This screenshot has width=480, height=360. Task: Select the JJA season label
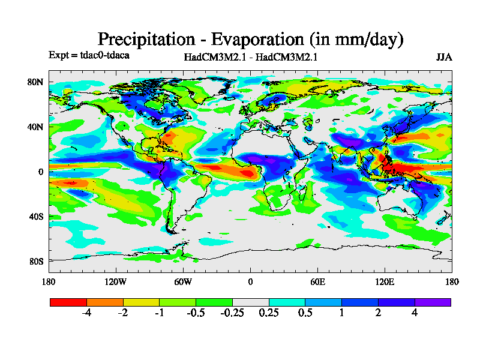444,58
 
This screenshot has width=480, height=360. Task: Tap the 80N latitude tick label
37,82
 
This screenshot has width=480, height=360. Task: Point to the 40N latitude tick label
37,127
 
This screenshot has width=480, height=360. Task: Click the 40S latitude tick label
37,216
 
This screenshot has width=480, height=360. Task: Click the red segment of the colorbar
68,302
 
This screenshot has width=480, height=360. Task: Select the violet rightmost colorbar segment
433,302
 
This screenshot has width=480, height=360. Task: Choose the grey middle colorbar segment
250,302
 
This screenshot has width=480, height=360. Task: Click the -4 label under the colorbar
86,314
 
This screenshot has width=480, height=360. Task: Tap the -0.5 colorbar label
195,314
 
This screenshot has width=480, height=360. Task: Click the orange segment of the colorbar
104,302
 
